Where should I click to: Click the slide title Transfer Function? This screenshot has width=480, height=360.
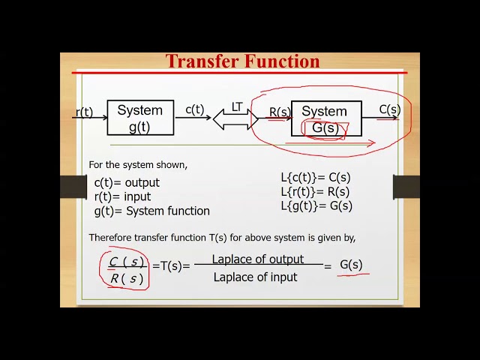pos(242,61)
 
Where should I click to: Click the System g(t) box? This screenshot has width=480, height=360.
pos(140,118)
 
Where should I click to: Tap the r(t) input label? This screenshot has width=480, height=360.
pos(84,112)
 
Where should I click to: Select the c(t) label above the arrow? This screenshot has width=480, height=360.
pos(194,109)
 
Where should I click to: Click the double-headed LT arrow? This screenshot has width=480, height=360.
pos(235,117)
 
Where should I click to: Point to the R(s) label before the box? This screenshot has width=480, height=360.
pos(280,113)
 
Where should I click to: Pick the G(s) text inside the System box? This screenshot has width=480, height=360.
pos(325,128)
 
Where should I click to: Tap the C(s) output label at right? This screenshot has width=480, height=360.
pos(389,110)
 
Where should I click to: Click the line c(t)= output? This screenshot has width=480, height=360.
pos(127,182)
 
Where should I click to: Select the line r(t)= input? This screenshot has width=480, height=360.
pos(122,196)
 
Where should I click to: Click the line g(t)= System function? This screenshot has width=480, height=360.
pos(151,211)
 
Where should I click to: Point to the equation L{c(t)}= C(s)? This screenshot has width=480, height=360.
pos(316,178)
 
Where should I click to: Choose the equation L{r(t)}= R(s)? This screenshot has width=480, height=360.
pos(315,191)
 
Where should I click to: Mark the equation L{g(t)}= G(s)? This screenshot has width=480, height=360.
pos(316,205)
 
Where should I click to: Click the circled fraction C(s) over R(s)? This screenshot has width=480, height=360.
pos(126,270)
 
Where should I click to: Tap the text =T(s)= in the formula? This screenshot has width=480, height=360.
pos(171,265)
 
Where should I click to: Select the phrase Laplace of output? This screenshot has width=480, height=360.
pos(257,259)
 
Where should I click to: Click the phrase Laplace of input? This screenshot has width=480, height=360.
pos(255,277)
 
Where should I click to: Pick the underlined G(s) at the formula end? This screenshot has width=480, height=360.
pos(351,265)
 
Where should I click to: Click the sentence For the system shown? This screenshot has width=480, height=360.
pos(138,164)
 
